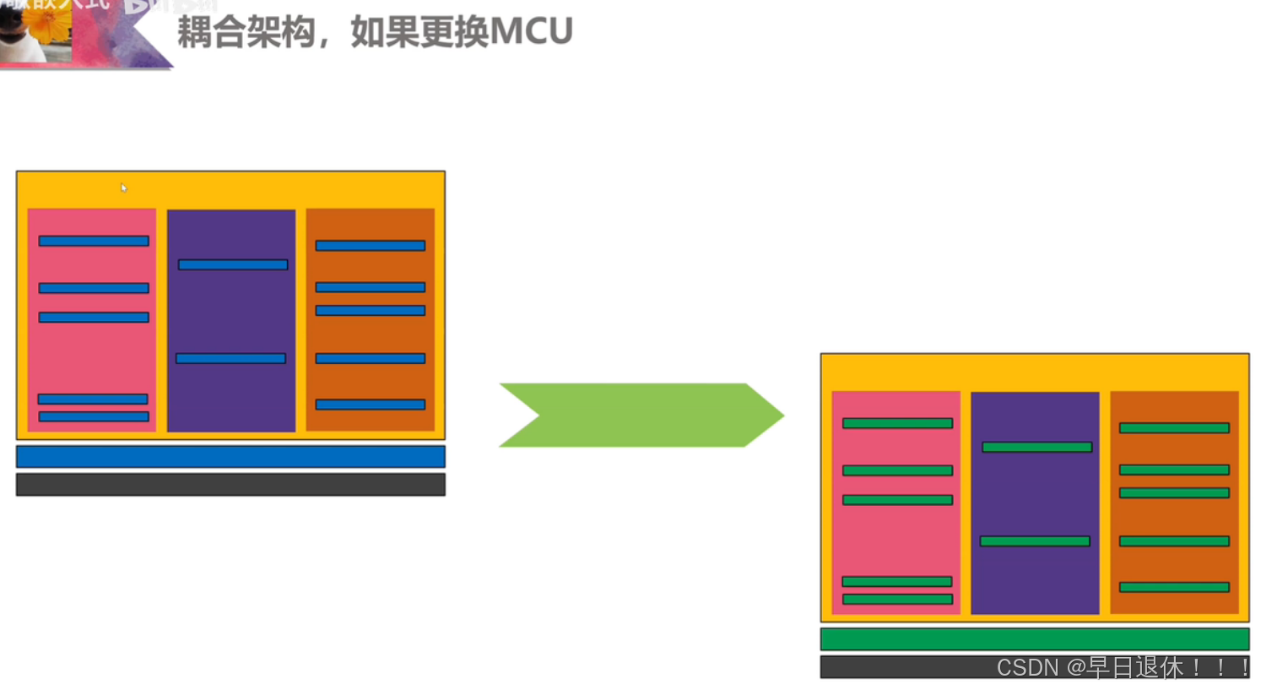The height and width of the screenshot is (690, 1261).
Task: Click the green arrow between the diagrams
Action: (x=641, y=415)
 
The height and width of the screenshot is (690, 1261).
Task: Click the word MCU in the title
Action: (x=531, y=32)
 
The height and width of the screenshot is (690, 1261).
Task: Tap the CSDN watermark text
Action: (x=1123, y=667)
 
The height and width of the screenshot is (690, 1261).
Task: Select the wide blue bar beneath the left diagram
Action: (x=230, y=457)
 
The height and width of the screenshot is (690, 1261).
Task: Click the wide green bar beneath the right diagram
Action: (x=1034, y=639)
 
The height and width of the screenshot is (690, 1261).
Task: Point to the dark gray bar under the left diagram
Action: (x=230, y=485)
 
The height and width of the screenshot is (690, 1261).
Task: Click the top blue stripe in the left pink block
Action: (x=94, y=242)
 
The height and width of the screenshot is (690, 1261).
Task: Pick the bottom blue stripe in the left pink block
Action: (x=94, y=416)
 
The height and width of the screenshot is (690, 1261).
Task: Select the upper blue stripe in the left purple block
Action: (x=233, y=265)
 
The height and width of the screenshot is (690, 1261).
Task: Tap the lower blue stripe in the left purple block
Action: (x=230, y=359)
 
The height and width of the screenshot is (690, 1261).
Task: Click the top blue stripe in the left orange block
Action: (x=370, y=246)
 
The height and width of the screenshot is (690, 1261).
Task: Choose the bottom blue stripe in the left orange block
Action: (x=370, y=405)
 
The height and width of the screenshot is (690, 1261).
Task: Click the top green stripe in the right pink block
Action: (x=897, y=424)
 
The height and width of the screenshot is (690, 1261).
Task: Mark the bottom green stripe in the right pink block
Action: (x=897, y=600)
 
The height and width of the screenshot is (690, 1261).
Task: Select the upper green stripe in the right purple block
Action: (x=1036, y=448)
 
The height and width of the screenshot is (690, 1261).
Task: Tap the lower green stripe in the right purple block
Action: (x=1035, y=541)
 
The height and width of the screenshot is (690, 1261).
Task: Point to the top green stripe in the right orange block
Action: (x=1174, y=428)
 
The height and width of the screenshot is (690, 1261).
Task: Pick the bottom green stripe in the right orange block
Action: (x=1174, y=587)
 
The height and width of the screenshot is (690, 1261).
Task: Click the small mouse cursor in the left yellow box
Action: (x=123, y=187)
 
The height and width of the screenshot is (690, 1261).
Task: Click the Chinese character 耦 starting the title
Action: (x=194, y=32)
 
